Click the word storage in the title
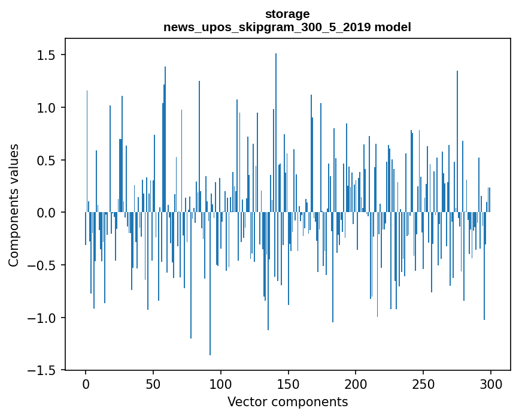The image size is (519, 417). click(x=287, y=14)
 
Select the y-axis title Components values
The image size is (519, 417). click(x=14, y=205)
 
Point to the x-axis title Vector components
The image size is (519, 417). click(x=287, y=401)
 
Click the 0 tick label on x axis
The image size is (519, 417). click(x=86, y=384)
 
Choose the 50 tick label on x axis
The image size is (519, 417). click(x=153, y=384)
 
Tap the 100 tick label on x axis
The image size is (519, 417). click(x=221, y=384)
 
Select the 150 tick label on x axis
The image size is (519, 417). click(x=289, y=384)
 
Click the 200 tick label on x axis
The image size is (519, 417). click(x=356, y=384)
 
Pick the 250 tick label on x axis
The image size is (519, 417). click(x=423, y=384)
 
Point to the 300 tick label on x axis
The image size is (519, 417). click(x=491, y=384)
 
